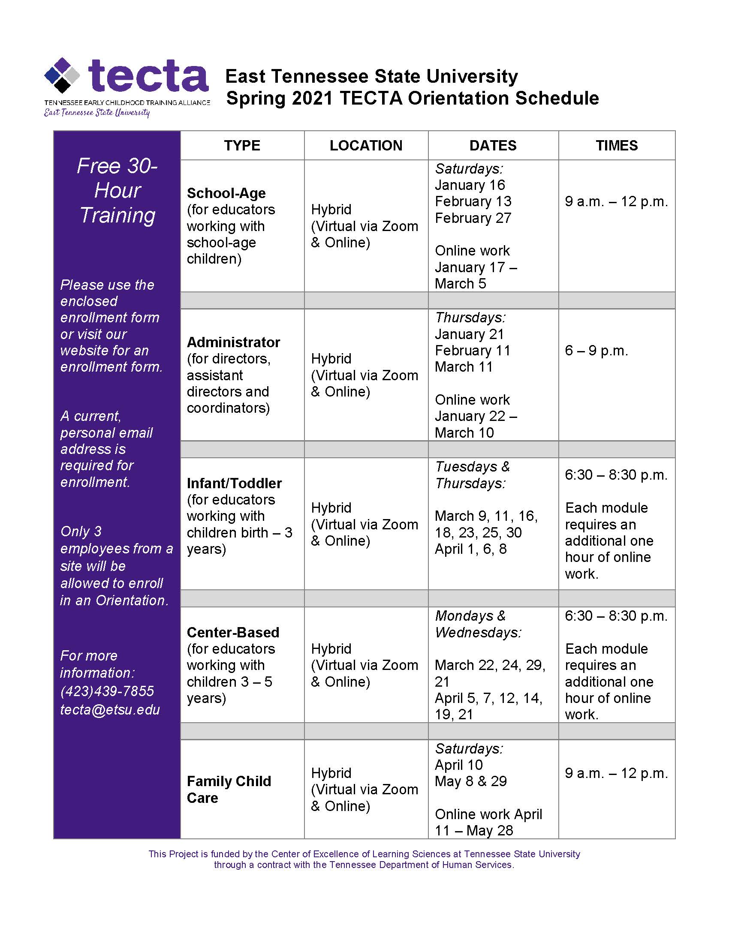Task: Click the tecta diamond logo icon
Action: pos(63,75)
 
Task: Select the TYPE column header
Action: pos(242,145)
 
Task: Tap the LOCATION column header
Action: pos(366,145)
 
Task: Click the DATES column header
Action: pos(493,145)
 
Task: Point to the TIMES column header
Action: pos(616,145)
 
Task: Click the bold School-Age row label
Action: pos(226,193)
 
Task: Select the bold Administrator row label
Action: pos(233,342)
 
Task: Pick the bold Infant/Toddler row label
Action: pos(234,483)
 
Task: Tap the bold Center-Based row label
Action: pos(233,632)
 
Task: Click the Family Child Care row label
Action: pos(229,789)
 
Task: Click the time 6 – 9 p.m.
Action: pos(596,351)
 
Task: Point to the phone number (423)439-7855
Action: pos(107,691)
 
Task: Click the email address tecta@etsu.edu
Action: pos(110,709)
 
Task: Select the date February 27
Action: pos(473,218)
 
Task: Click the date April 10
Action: pos(459,765)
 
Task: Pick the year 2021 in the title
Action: pos(312,99)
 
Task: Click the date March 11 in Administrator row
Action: pos(464,367)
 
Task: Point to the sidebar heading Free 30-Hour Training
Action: pos(117,190)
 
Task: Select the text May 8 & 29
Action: pos(471,781)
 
